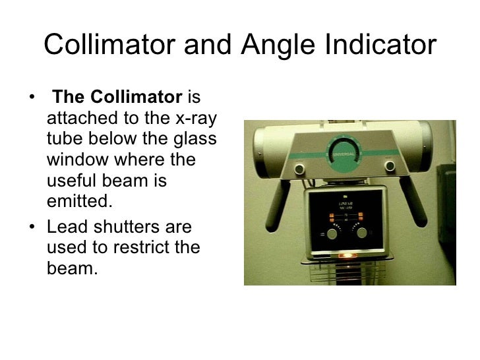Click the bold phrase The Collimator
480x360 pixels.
click(x=117, y=98)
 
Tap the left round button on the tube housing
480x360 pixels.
click(x=299, y=169)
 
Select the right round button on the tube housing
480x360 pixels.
click(x=390, y=165)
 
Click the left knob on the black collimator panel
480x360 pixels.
click(x=333, y=233)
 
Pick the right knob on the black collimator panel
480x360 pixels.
click(x=361, y=231)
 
